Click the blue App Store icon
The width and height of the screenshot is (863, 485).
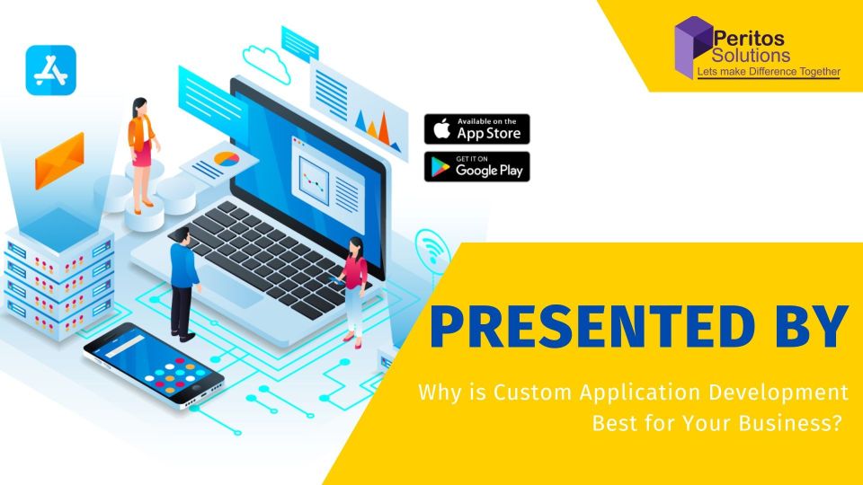[50, 70]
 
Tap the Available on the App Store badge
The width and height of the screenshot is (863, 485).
[476, 129]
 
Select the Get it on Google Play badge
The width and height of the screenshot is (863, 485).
[476, 167]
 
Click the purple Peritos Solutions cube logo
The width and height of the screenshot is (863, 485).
[692, 47]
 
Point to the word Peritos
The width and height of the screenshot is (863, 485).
[749, 38]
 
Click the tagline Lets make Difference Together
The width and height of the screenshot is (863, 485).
[769, 72]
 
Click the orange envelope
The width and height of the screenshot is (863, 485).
[59, 161]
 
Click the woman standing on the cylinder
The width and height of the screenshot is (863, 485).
[143, 155]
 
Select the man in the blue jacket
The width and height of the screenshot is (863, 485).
[183, 285]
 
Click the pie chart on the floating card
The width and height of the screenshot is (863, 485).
[227, 159]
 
